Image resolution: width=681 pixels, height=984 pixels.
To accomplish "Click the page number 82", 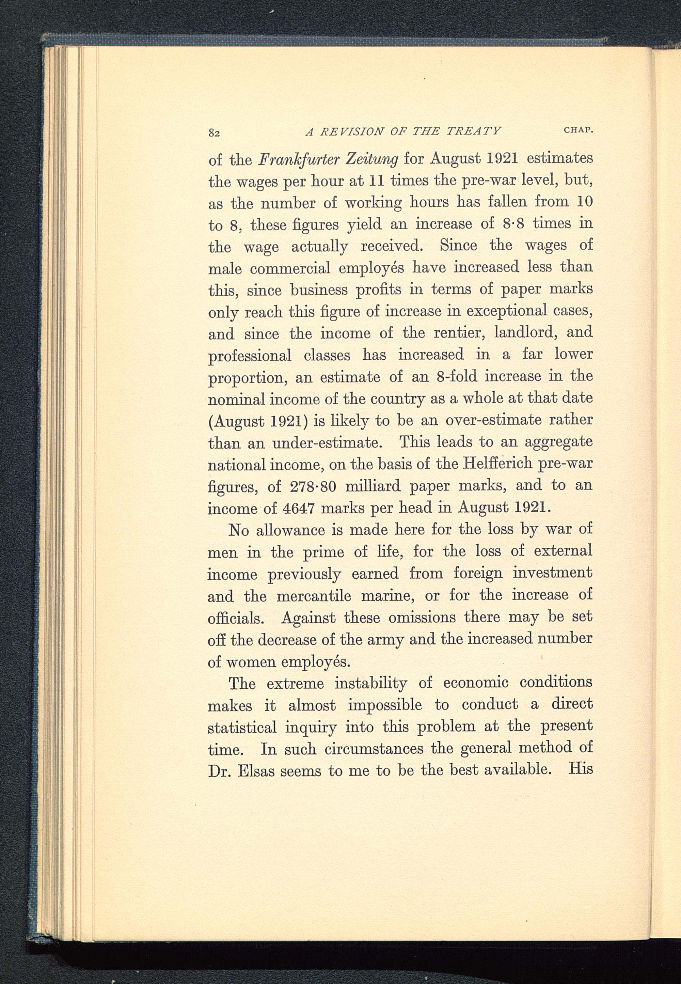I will (x=214, y=133).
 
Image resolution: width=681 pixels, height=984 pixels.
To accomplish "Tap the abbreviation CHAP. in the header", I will (x=578, y=130).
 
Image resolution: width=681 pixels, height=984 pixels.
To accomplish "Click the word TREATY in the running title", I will (x=473, y=131).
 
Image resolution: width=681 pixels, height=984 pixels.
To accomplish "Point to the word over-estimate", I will (x=492, y=420).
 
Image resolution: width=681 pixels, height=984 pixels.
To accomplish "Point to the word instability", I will (x=370, y=684).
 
